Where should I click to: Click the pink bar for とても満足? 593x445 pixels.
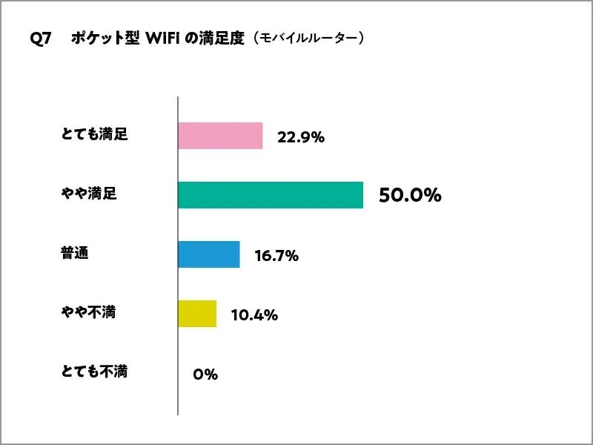pyautogui.click(x=220, y=136)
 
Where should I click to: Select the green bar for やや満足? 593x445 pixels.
pyautogui.click(x=271, y=195)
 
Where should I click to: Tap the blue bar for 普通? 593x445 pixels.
pyautogui.click(x=209, y=254)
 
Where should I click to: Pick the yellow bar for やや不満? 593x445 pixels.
pyautogui.click(x=197, y=313)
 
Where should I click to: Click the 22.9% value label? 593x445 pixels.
pyautogui.click(x=301, y=137)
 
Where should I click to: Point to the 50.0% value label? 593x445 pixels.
pyautogui.click(x=410, y=196)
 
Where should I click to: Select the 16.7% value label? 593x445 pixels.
pyautogui.click(x=276, y=256)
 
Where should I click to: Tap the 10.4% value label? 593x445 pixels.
pyautogui.click(x=254, y=315)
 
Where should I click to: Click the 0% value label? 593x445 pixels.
pyautogui.click(x=205, y=375)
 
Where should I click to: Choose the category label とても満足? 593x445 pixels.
pyautogui.click(x=94, y=135)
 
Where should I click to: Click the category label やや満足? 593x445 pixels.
pyautogui.click(x=89, y=194)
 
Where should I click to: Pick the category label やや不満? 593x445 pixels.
pyautogui.click(x=89, y=312)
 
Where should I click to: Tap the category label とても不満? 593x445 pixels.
pyautogui.click(x=94, y=371)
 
